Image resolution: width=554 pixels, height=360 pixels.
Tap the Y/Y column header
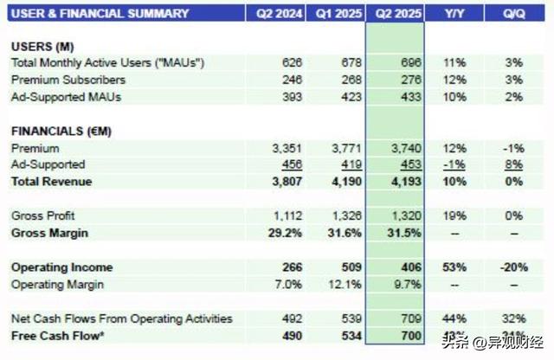tap(452, 13)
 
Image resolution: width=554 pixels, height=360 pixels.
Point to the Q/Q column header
tap(514, 13)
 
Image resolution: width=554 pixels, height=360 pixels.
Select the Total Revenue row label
tap(51, 182)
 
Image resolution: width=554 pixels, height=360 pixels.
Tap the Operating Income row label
tap(61, 267)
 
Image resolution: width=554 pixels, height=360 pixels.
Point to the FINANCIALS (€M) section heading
tap(62, 131)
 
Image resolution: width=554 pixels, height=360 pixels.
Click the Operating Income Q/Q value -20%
tap(513, 267)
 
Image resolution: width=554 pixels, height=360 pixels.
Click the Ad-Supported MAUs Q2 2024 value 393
tap(292, 97)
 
